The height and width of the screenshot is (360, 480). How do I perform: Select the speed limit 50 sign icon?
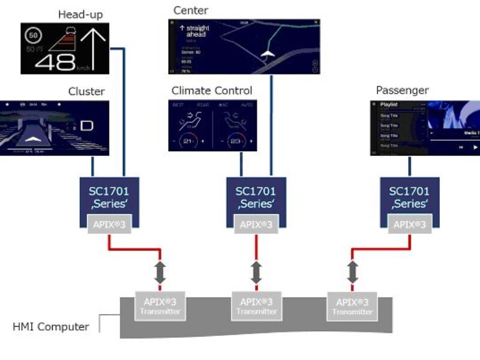click(32, 36)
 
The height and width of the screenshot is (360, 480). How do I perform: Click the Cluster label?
click(86, 91)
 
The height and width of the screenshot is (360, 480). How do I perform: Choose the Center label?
click(190, 10)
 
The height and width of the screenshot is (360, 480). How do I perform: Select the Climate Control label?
click(212, 91)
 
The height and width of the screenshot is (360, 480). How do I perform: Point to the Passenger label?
click(402, 91)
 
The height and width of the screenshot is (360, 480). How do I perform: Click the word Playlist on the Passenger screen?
click(389, 104)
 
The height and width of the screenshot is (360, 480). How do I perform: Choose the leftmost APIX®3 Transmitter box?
click(158, 306)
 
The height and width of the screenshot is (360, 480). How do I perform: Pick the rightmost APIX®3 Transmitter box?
click(352, 306)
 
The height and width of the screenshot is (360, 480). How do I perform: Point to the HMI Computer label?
click(51, 327)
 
